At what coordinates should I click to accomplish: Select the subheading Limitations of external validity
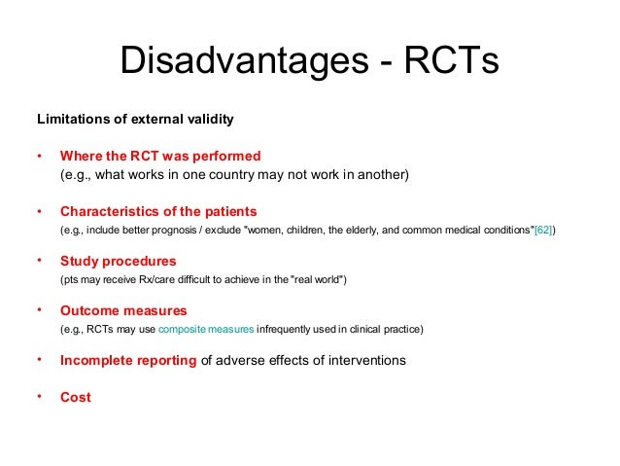click(135, 121)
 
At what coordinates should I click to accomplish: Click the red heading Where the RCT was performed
click(160, 156)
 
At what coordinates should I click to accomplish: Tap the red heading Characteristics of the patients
click(158, 211)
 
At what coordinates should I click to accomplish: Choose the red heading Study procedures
click(119, 262)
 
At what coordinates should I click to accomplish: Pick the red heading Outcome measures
click(123, 311)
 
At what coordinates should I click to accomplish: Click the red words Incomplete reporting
click(128, 360)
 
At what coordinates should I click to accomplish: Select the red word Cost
click(76, 397)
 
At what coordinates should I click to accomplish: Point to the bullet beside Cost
click(40, 396)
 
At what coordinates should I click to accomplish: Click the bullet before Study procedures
click(40, 261)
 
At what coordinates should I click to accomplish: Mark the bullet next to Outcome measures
click(40, 310)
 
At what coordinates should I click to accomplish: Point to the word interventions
click(363, 360)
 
